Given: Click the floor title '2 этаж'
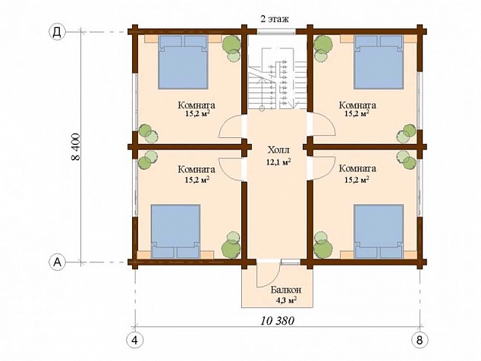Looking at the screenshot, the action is (275, 19).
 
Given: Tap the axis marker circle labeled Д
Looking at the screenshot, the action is (57, 32).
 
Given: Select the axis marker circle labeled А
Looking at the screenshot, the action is (57, 262).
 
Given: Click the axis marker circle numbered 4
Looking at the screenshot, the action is (135, 340).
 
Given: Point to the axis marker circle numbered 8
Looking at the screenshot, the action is (420, 340).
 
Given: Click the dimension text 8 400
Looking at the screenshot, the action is (76, 146).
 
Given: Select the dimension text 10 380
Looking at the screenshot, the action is (278, 321).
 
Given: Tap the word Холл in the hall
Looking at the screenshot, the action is (278, 151).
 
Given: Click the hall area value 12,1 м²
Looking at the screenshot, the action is (278, 162).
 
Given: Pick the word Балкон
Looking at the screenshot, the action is (286, 290).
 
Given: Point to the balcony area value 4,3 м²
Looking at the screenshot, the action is (286, 300).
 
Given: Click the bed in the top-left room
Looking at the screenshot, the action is (183, 62).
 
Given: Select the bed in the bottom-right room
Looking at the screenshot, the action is (379, 231).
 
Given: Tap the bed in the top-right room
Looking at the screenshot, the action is (379, 62).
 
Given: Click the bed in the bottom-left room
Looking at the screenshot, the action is (176, 231).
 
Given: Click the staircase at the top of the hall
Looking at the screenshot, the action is (278, 79).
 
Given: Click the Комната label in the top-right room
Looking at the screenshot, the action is (357, 105).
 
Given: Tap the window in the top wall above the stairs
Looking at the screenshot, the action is (276, 31).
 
